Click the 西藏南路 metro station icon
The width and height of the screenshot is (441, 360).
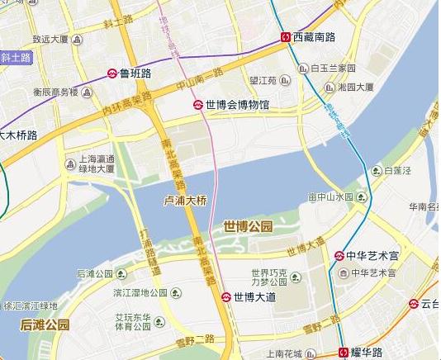click(286, 37)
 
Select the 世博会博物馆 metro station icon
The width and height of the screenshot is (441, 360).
click(198, 105)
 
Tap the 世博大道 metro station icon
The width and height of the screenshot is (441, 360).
click(226, 296)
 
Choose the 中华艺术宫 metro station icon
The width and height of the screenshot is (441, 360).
click(339, 255)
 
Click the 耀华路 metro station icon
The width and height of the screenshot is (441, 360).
click(344, 353)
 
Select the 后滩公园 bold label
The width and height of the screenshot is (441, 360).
click(45, 324)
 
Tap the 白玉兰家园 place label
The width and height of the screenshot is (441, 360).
click(333, 68)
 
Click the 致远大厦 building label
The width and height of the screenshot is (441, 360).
click(50, 39)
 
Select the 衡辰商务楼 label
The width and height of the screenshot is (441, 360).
click(55, 92)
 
